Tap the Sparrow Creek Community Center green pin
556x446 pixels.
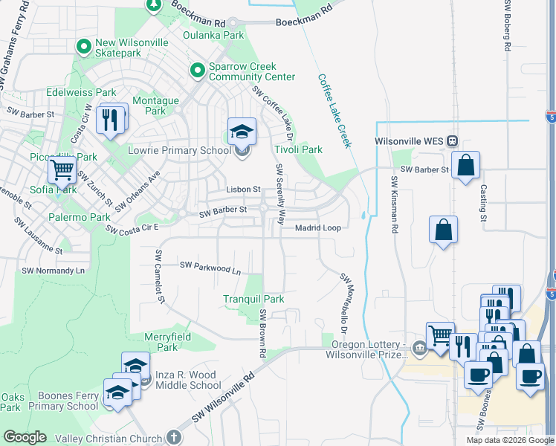click(197, 71)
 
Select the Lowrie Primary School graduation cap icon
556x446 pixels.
click(242, 132)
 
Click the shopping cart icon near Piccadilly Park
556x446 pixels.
click(62, 170)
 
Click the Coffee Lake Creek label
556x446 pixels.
click(334, 110)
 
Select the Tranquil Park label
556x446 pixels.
click(253, 300)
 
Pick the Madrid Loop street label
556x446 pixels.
click(318, 228)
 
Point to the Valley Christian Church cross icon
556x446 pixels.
click(175, 438)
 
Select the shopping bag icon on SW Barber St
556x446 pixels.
click(465, 167)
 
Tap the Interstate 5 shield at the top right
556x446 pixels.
click(549, 117)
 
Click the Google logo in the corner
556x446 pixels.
click(24, 437)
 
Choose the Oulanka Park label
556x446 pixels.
click(214, 35)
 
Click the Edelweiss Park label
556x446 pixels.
click(81, 92)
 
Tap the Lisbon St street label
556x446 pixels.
click(243, 190)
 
